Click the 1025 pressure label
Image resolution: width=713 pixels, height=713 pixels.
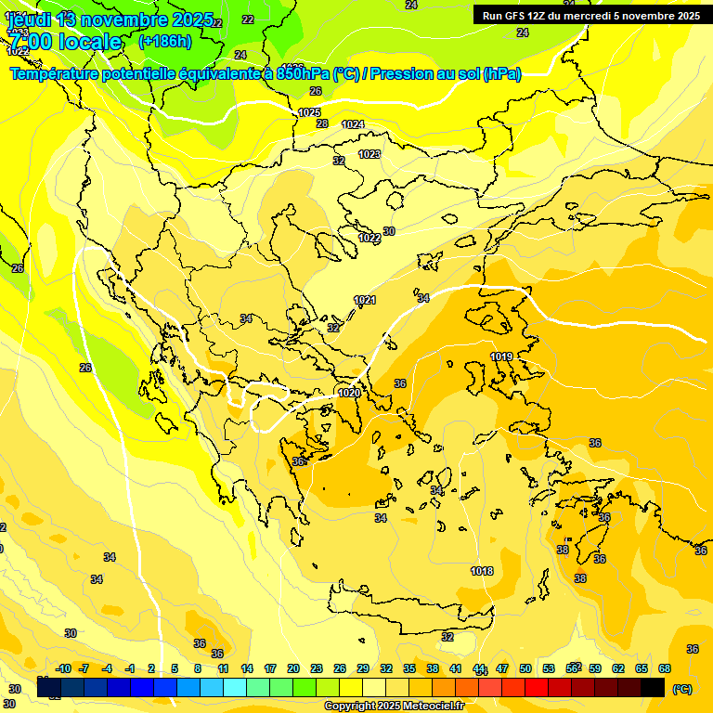(x=309, y=112)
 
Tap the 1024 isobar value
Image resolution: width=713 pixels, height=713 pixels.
(x=353, y=124)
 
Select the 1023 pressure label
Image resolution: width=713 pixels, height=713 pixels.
(x=369, y=154)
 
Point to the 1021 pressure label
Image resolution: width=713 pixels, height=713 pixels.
(x=365, y=300)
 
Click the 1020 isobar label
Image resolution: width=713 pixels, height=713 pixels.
(x=349, y=393)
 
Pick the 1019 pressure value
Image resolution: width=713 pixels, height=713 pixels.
(x=502, y=356)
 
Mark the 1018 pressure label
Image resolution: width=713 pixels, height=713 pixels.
(x=482, y=571)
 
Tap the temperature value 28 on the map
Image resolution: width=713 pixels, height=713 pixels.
(x=322, y=123)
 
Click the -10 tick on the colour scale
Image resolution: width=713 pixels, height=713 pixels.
(x=63, y=668)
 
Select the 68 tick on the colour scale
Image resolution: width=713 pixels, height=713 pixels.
(x=665, y=668)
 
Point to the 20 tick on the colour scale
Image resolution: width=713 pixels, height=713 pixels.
(x=293, y=668)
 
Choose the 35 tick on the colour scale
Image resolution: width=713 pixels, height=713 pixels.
(x=409, y=668)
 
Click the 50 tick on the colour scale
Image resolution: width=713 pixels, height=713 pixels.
(x=525, y=668)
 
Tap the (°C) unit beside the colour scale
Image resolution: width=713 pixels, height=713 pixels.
(x=682, y=688)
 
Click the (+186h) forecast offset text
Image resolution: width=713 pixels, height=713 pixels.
(x=166, y=42)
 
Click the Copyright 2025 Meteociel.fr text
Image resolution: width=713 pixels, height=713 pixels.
(x=394, y=706)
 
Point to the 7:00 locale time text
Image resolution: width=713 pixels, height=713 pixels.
(x=65, y=42)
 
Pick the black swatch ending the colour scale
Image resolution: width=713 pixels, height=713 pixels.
(x=653, y=687)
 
